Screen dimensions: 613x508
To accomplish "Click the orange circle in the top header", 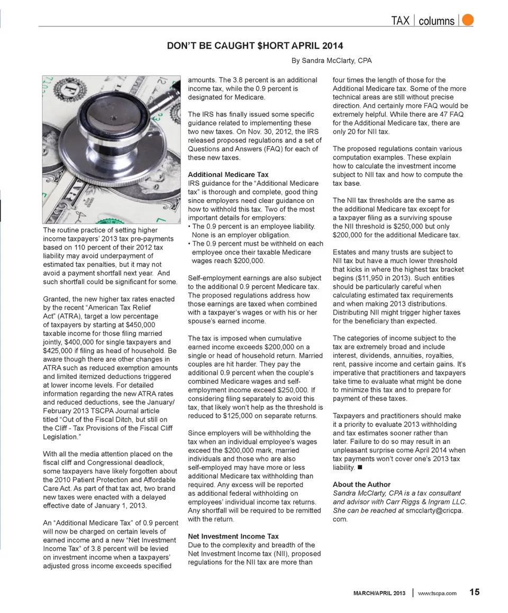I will (x=467, y=20).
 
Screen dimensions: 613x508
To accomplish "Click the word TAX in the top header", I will (x=400, y=21).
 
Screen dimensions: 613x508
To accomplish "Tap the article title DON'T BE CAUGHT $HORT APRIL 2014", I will (x=255, y=46).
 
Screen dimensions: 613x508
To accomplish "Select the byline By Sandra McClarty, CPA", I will (x=332, y=61).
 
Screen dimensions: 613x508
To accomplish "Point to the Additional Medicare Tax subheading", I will (x=228, y=174).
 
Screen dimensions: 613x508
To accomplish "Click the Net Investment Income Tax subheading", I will (x=233, y=536).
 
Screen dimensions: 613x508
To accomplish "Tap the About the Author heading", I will (x=361, y=485).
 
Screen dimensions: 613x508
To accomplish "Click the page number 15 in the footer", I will (x=474, y=592).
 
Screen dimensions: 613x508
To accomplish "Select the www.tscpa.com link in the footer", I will (x=437, y=593).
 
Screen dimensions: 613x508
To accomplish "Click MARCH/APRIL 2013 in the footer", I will (x=379, y=593).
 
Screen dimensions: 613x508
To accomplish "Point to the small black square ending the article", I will (x=359, y=468).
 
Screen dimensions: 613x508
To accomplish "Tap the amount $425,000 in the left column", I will (x=58, y=350).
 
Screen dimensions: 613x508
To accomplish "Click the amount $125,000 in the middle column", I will (x=243, y=416).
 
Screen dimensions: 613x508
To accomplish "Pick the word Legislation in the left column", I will (x=60, y=437).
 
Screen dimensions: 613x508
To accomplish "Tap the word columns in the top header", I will (x=436, y=21).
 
